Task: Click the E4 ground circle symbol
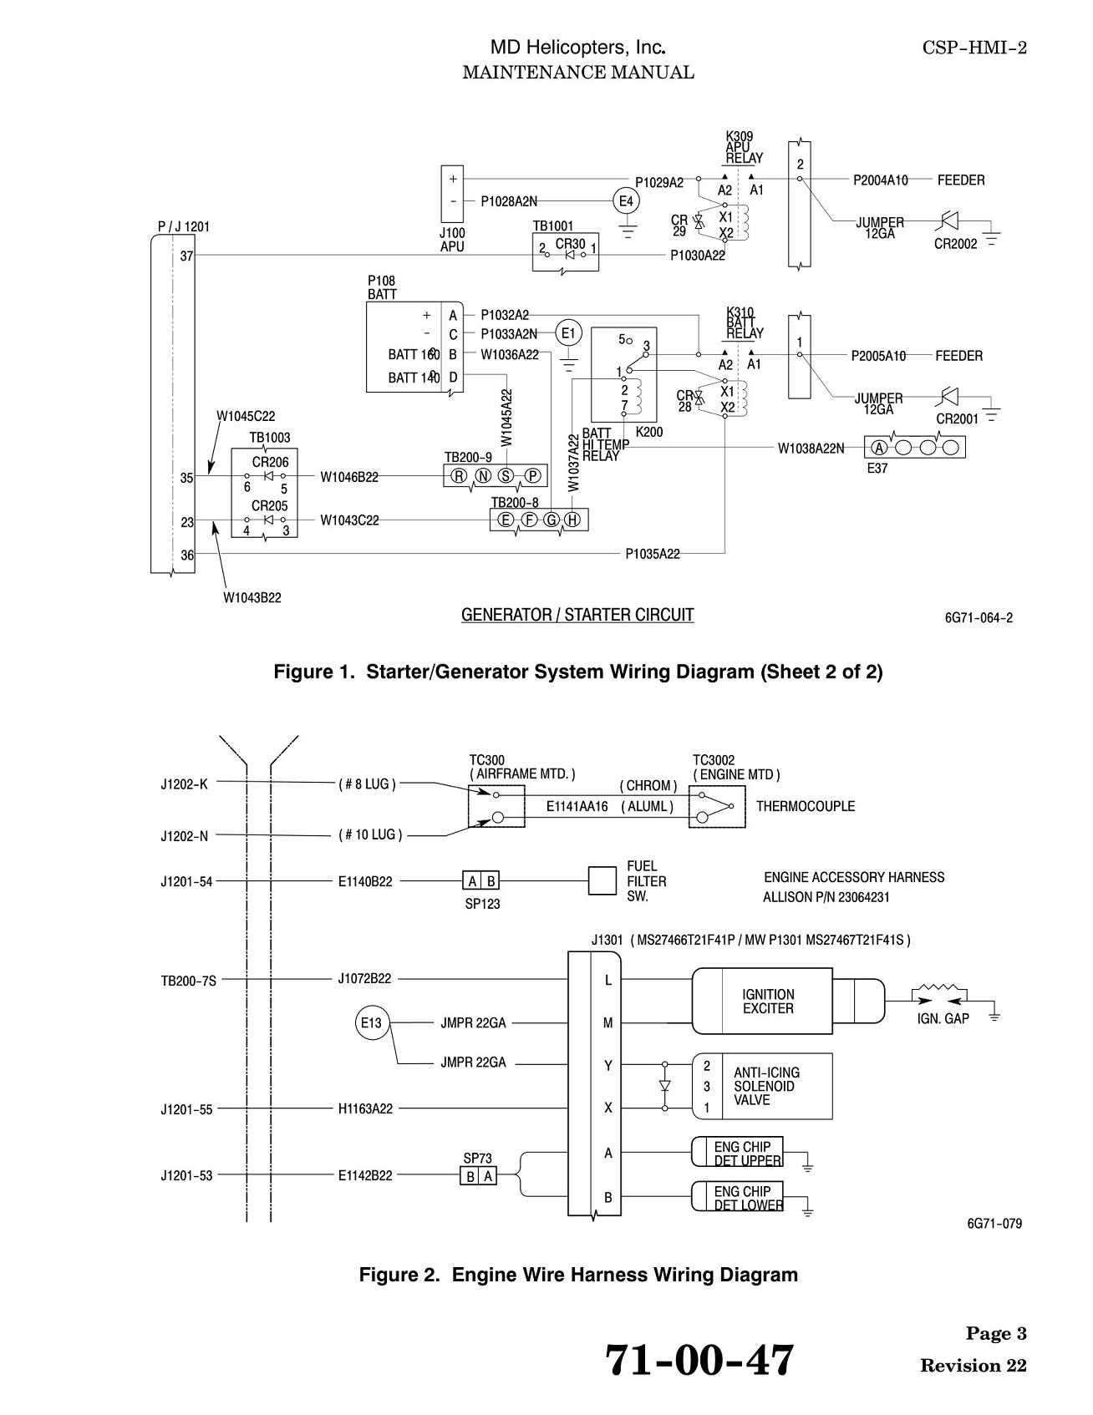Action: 625,200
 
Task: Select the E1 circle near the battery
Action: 568,334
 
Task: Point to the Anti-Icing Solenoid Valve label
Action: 766,1086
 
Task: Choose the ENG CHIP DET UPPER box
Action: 737,1151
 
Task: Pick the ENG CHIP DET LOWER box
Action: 737,1196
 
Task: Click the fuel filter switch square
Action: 602,880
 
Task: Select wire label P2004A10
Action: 881,180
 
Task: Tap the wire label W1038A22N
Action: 811,448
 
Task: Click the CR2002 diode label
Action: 957,244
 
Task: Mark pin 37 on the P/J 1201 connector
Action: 187,256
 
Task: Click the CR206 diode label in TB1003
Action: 270,462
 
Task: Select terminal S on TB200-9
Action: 506,476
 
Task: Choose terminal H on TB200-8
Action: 572,520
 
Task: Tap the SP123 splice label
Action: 482,904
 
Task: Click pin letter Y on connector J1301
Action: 608,1066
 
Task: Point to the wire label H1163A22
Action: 365,1109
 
